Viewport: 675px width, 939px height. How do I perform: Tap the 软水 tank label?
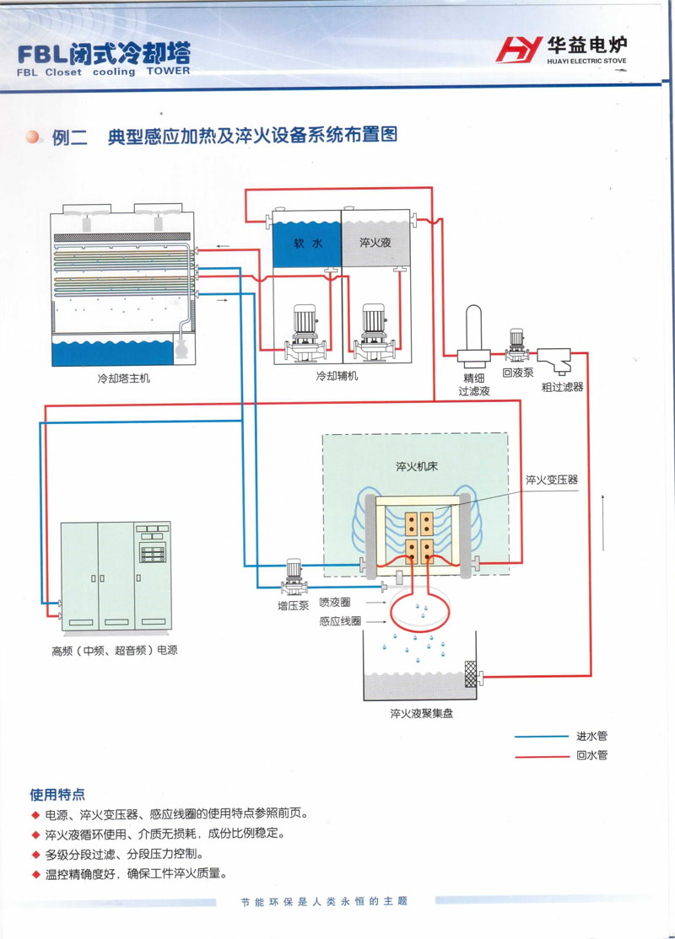pyautogui.click(x=307, y=244)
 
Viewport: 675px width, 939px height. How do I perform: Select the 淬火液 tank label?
pyautogui.click(x=375, y=244)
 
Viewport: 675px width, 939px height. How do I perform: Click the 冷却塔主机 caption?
pyautogui.click(x=124, y=379)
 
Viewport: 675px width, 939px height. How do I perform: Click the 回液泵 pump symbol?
pyautogui.click(x=516, y=341)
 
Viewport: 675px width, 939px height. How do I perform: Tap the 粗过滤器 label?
pyautogui.click(x=563, y=386)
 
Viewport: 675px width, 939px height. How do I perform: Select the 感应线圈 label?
pyautogui.click(x=340, y=621)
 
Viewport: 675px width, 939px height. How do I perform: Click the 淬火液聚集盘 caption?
pyautogui.click(x=421, y=714)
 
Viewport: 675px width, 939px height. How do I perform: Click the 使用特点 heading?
pyautogui.click(x=57, y=794)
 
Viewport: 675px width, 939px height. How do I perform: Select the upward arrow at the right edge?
pyautogui.click(x=603, y=523)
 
